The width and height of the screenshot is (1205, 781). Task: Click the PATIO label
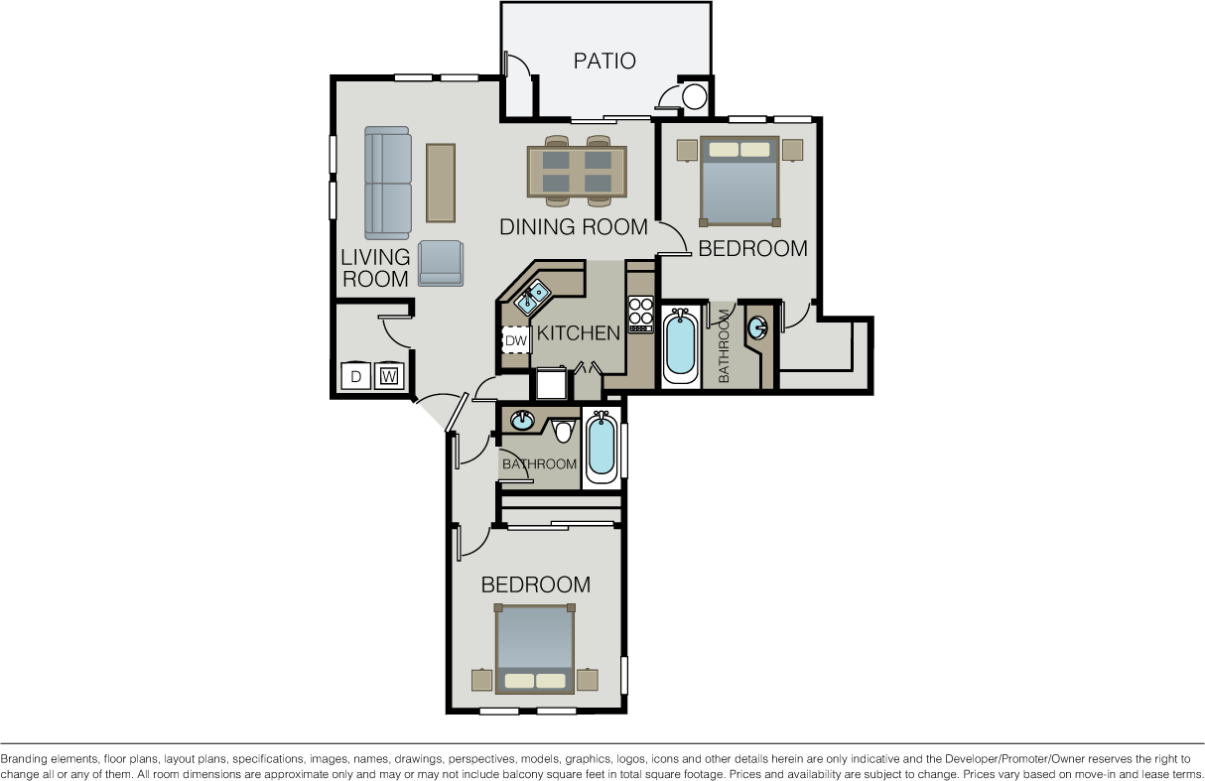point(604,61)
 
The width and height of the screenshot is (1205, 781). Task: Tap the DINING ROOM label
point(574,227)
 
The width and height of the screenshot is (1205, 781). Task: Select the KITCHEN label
point(579,333)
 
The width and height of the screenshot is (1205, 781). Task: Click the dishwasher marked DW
point(516,340)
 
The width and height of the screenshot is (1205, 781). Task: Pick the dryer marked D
point(355,376)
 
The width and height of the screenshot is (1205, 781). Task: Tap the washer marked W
point(388,376)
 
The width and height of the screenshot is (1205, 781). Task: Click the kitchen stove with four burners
point(640,315)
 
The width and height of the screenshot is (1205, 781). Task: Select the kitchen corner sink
point(532,298)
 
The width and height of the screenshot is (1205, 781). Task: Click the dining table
point(578,171)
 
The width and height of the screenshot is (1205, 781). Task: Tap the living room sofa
point(388,183)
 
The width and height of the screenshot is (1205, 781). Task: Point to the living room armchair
point(441,263)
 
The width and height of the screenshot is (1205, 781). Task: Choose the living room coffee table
point(441,183)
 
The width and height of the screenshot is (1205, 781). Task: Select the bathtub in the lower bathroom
point(601,448)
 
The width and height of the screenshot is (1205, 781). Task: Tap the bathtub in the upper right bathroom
point(680,345)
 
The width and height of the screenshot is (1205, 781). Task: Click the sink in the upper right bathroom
point(757,327)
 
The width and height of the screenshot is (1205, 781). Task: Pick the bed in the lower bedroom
point(535,649)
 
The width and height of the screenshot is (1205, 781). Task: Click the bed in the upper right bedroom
point(739,182)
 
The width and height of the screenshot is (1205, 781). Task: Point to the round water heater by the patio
point(694,97)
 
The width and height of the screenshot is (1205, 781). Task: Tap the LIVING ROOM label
point(375,268)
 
